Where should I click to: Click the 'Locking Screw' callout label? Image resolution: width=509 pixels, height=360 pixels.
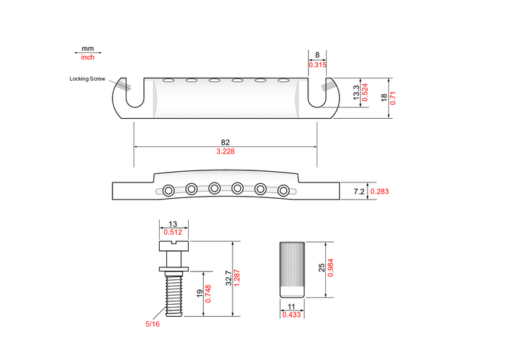click(x=88, y=79)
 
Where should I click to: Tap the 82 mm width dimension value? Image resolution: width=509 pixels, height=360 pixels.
click(x=226, y=142)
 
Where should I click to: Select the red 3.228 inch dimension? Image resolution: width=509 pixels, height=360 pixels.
click(x=226, y=151)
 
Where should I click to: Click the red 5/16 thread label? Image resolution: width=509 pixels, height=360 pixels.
click(x=153, y=324)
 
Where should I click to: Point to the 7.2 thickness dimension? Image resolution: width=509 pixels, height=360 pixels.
click(x=359, y=192)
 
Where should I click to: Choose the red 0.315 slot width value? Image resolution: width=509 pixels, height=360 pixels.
click(x=317, y=64)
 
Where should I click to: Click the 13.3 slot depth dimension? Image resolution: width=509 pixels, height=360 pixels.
click(x=356, y=93)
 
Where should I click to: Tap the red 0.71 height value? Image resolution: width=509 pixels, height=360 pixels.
click(x=393, y=98)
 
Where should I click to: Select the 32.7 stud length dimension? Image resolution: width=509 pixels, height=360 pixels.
click(x=229, y=278)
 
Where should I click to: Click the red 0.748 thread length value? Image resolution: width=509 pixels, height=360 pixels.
click(x=208, y=294)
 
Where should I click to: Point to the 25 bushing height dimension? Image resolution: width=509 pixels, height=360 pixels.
click(x=322, y=268)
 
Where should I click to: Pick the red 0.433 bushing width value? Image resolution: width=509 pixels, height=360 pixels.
click(x=291, y=315)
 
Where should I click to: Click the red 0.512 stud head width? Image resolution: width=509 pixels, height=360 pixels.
click(x=172, y=232)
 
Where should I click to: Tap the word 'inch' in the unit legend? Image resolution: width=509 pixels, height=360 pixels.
click(x=88, y=57)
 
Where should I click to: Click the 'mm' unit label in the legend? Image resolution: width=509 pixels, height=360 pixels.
click(x=88, y=48)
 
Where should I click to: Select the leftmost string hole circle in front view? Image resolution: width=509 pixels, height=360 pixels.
click(x=168, y=190)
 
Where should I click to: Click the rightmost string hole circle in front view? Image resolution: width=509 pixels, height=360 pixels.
click(x=283, y=190)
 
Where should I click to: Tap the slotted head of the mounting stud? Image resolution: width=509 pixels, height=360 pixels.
click(x=174, y=246)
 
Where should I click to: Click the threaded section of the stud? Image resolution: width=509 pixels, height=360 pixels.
click(x=174, y=294)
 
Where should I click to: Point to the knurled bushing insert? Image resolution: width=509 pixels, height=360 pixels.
click(x=292, y=269)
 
